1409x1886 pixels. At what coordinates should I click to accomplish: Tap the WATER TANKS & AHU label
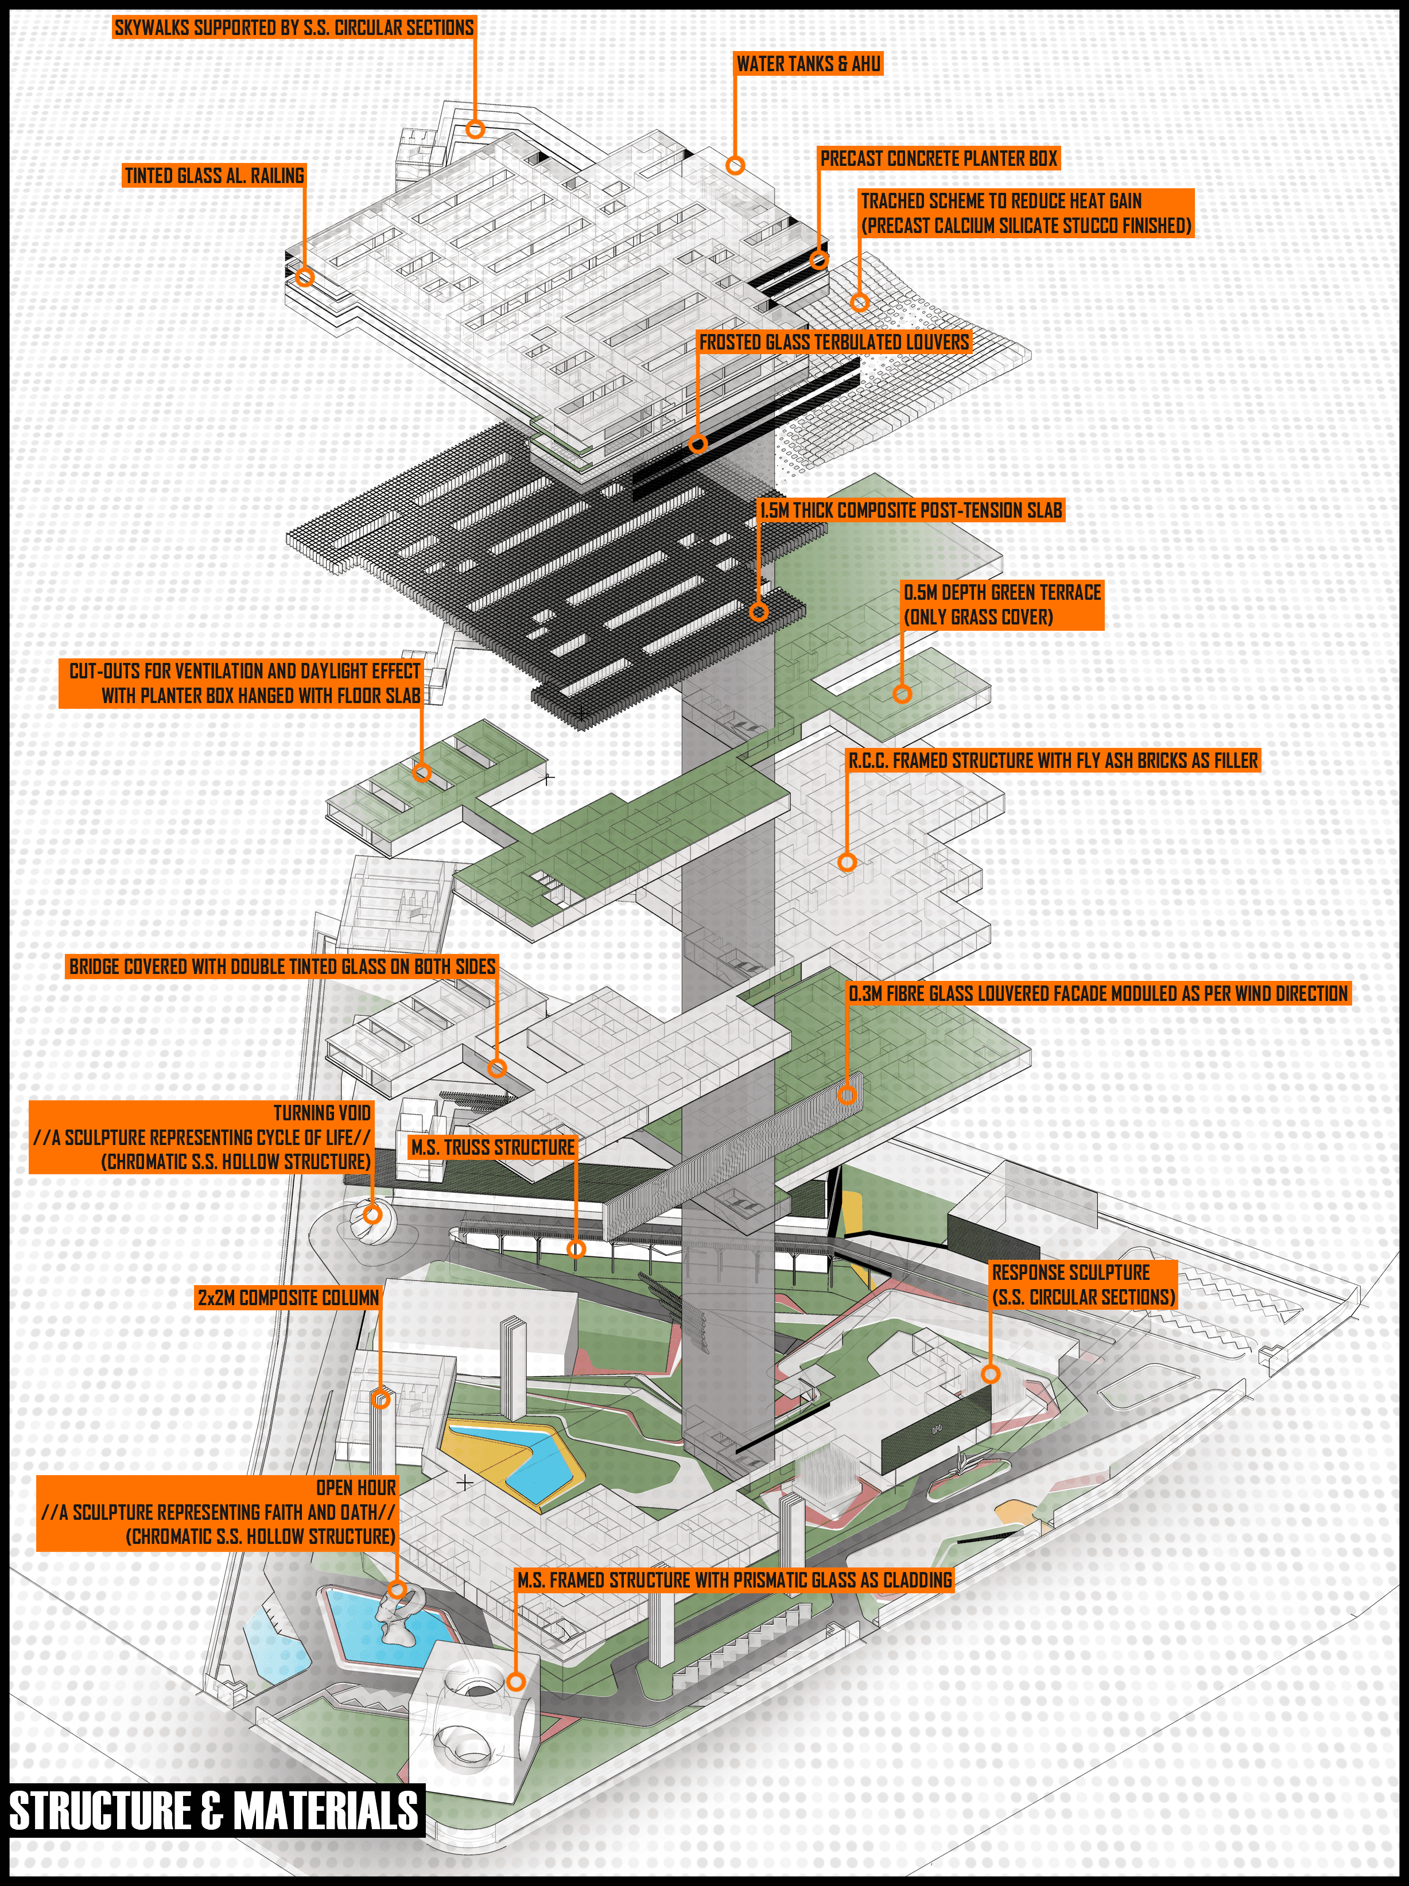(808, 64)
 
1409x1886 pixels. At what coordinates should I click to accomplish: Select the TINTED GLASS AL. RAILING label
(214, 176)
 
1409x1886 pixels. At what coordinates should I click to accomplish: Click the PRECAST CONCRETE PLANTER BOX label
(938, 158)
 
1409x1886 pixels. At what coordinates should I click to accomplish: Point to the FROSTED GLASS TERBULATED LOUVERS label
(834, 342)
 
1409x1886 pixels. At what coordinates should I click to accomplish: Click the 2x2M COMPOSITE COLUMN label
(288, 1298)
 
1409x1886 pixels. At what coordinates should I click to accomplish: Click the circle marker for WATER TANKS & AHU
(735, 165)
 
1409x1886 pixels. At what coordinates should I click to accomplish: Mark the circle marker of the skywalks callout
(476, 129)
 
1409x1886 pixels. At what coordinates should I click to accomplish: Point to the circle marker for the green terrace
(902, 693)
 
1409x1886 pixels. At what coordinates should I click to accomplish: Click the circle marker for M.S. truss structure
(576, 1249)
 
